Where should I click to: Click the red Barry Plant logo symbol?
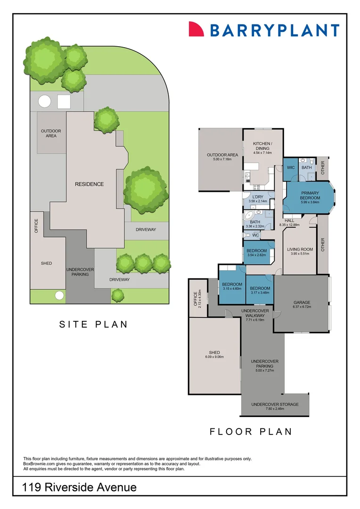pyautogui.click(x=196, y=29)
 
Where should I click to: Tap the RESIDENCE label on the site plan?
pyautogui.click(x=89, y=184)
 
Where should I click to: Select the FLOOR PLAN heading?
pyautogui.click(x=251, y=431)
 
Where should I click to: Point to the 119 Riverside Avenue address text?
pyautogui.click(x=80, y=487)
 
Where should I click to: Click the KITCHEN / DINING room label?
pyautogui.click(x=262, y=146)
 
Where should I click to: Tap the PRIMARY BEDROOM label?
pyautogui.click(x=310, y=196)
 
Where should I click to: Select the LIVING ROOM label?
pyautogui.click(x=300, y=249)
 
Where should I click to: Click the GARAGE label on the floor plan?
pyautogui.click(x=302, y=303)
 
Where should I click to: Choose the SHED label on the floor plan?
pyautogui.click(x=214, y=353)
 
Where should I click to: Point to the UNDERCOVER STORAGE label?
pyautogui.click(x=275, y=404)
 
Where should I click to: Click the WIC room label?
pyautogui.click(x=291, y=167)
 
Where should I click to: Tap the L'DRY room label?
pyautogui.click(x=258, y=197)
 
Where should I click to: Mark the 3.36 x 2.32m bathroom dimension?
pyautogui.click(x=255, y=227)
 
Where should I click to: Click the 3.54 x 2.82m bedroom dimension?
pyautogui.click(x=257, y=255)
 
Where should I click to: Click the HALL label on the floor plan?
pyautogui.click(x=289, y=220)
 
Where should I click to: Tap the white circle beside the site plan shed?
pyautogui.click(x=59, y=296)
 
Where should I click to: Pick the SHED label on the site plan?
pyautogui.click(x=46, y=263)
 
